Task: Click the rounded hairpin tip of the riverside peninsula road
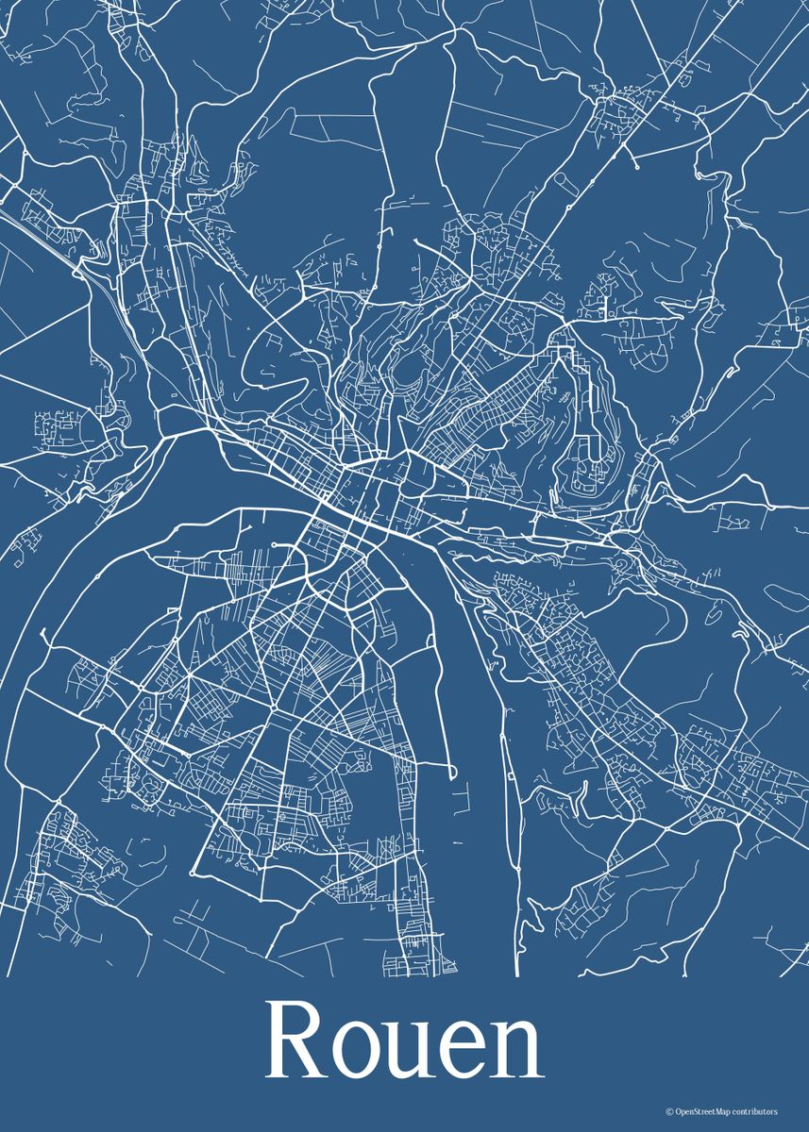(x=453, y=776)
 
